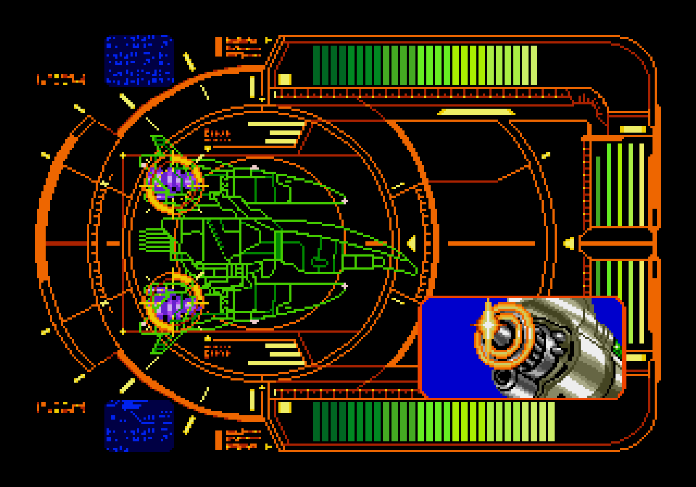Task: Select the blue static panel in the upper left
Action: (x=139, y=60)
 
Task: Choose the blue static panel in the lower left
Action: (x=139, y=425)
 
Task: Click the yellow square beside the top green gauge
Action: (x=285, y=79)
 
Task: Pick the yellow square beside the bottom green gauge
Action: (x=285, y=407)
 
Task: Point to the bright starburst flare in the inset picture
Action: (x=488, y=324)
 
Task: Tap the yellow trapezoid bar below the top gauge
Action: (x=476, y=112)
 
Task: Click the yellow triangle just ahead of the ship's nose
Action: (x=412, y=242)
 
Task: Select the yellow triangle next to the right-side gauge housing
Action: (x=569, y=242)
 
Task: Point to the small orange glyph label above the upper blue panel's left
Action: (x=61, y=80)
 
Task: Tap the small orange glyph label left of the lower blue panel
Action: (x=61, y=408)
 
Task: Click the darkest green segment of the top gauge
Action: (x=317, y=65)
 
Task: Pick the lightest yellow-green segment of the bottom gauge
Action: (x=550, y=421)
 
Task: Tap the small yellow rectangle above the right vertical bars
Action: (x=633, y=129)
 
